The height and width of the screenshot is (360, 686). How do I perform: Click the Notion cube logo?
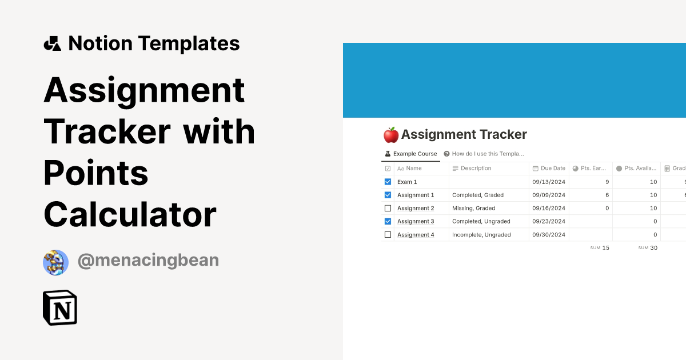(60, 308)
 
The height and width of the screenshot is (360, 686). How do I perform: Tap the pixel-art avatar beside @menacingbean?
(55, 262)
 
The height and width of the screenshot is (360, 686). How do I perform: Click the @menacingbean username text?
(148, 261)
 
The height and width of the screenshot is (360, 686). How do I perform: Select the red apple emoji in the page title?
(391, 135)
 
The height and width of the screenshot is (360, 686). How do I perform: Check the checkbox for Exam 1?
(388, 182)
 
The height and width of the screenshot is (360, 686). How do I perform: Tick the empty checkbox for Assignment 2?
(388, 208)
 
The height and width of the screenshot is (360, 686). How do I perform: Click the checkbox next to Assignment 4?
(388, 234)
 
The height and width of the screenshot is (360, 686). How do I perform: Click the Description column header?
(476, 169)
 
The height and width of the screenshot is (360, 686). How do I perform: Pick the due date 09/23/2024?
(549, 221)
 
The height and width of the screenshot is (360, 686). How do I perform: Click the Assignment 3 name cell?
(416, 221)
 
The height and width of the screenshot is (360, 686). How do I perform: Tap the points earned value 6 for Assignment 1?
(607, 195)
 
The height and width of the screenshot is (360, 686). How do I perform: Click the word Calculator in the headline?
(130, 215)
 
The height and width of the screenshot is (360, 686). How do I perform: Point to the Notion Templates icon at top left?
(52, 43)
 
